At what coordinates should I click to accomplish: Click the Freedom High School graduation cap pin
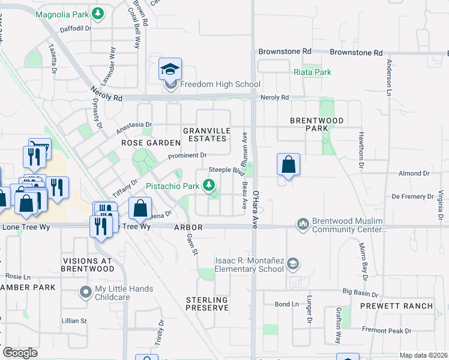point(170,70)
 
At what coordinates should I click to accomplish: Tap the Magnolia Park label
point(64,14)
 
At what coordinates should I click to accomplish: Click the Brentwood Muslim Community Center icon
point(303,224)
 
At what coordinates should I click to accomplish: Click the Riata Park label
point(313,72)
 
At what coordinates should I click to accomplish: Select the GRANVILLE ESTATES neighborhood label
point(206,134)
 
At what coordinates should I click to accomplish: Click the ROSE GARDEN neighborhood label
point(151,143)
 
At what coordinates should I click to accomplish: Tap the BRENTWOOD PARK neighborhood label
point(317,124)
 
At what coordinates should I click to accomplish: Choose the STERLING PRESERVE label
point(206,304)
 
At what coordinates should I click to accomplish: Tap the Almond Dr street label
point(411,173)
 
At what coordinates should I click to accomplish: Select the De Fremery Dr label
point(412,196)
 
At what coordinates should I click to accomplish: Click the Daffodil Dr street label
point(74,28)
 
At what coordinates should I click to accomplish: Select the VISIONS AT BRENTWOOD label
point(88,265)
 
